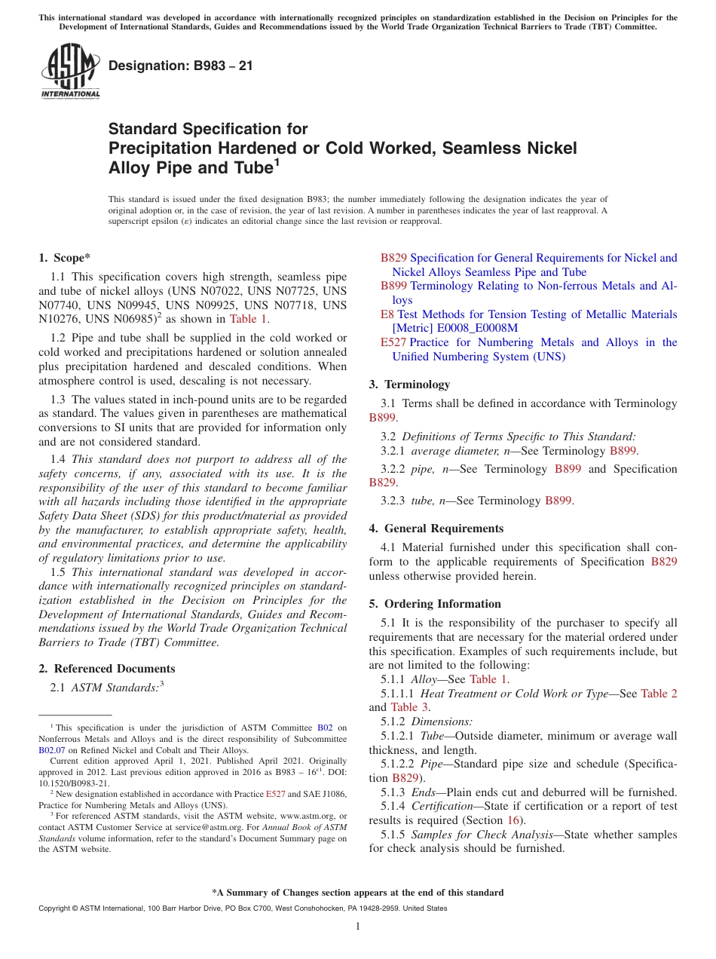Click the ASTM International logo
coord(70,71)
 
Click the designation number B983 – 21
coord(181,66)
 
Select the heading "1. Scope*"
coord(65,258)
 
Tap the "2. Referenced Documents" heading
coord(107,669)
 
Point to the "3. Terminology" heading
coord(409,385)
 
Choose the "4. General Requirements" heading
coord(436,529)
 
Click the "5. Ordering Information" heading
coord(435,604)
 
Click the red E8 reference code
coord(387,314)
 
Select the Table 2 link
coord(659,694)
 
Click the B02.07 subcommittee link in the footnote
coord(52,751)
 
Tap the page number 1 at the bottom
coord(358,927)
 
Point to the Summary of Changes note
coord(358,893)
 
